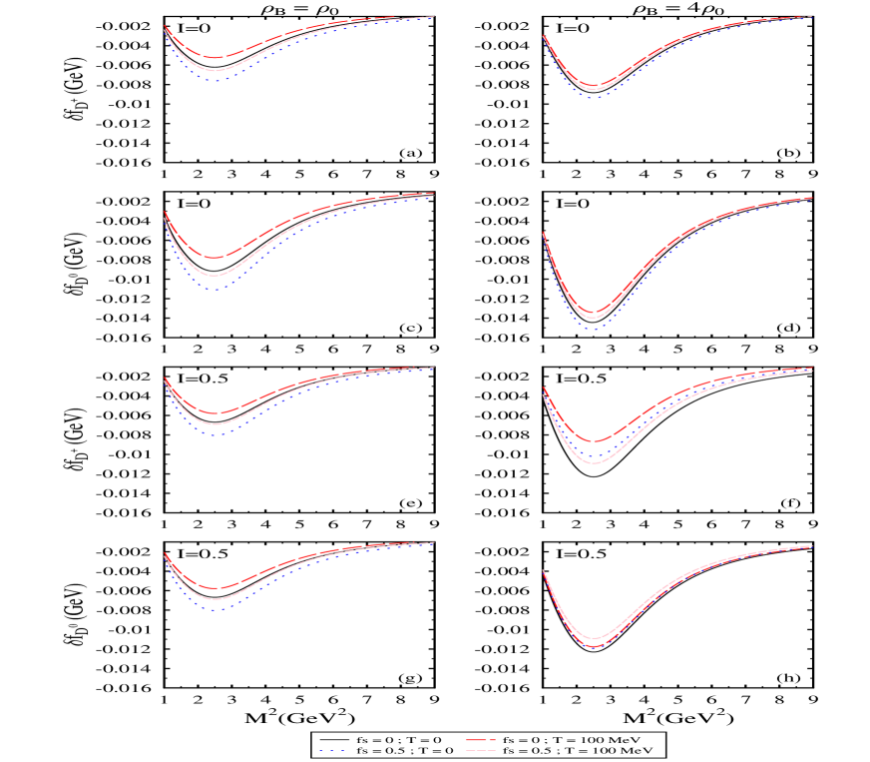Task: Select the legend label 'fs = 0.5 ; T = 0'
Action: (405, 750)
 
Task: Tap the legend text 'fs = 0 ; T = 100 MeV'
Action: (571, 739)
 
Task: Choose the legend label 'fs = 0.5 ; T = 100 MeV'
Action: (578, 750)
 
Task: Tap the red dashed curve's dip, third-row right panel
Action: (595, 441)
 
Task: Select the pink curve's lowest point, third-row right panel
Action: (595, 463)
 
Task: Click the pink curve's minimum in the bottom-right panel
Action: (595, 638)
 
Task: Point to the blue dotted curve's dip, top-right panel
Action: (595, 98)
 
